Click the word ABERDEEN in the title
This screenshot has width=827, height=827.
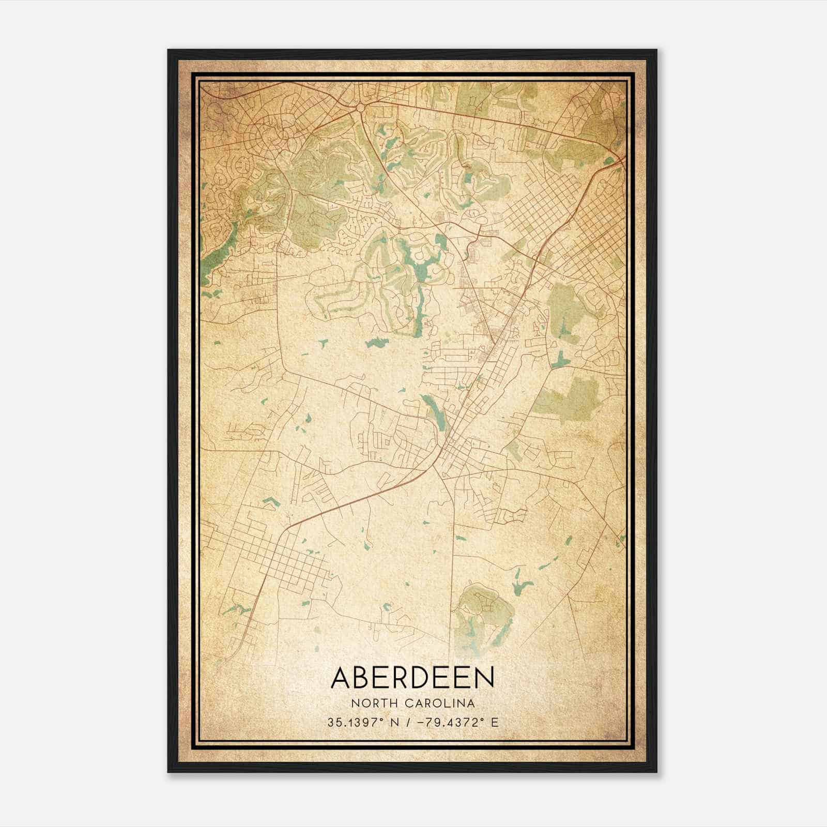click(x=412, y=678)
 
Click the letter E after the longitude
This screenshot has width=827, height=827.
click(x=495, y=723)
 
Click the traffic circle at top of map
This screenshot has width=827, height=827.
click(x=360, y=108)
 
